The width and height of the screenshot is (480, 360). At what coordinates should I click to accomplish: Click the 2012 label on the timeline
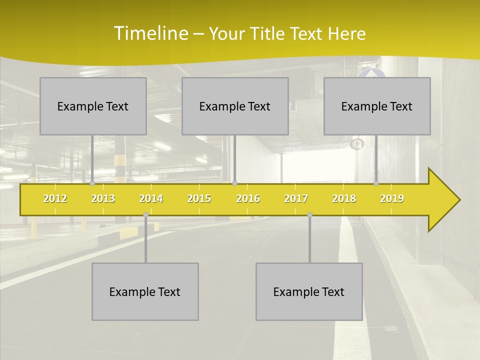click(x=55, y=198)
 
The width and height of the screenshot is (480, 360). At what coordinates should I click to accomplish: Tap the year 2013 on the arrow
click(x=103, y=198)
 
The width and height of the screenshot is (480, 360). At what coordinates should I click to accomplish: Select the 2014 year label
click(x=151, y=198)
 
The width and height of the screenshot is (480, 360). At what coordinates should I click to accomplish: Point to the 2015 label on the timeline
click(x=199, y=198)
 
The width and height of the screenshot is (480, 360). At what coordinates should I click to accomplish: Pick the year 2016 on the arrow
click(x=248, y=198)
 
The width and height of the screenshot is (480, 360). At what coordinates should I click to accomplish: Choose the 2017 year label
click(x=296, y=198)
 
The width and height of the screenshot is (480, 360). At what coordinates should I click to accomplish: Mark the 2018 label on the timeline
click(x=344, y=198)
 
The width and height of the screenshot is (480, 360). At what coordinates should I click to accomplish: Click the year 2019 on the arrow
click(x=392, y=198)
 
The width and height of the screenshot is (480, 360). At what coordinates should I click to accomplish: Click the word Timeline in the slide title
click(x=150, y=33)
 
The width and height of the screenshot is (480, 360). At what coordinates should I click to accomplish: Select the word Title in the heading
click(x=268, y=33)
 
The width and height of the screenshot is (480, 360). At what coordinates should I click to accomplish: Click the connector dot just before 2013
click(x=92, y=183)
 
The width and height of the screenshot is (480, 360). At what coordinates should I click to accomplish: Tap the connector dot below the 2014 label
click(x=145, y=214)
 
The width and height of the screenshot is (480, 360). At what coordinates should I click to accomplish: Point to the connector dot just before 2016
click(x=234, y=183)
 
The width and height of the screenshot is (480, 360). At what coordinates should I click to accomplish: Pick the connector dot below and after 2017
click(x=309, y=214)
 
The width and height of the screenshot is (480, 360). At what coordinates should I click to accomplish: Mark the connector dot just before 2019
click(x=376, y=183)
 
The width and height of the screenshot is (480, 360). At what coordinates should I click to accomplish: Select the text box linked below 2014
click(x=145, y=291)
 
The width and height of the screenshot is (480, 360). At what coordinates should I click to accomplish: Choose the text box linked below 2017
click(x=309, y=291)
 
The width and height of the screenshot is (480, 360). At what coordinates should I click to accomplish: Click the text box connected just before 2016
click(x=235, y=106)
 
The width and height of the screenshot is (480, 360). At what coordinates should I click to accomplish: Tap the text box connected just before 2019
click(x=377, y=106)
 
